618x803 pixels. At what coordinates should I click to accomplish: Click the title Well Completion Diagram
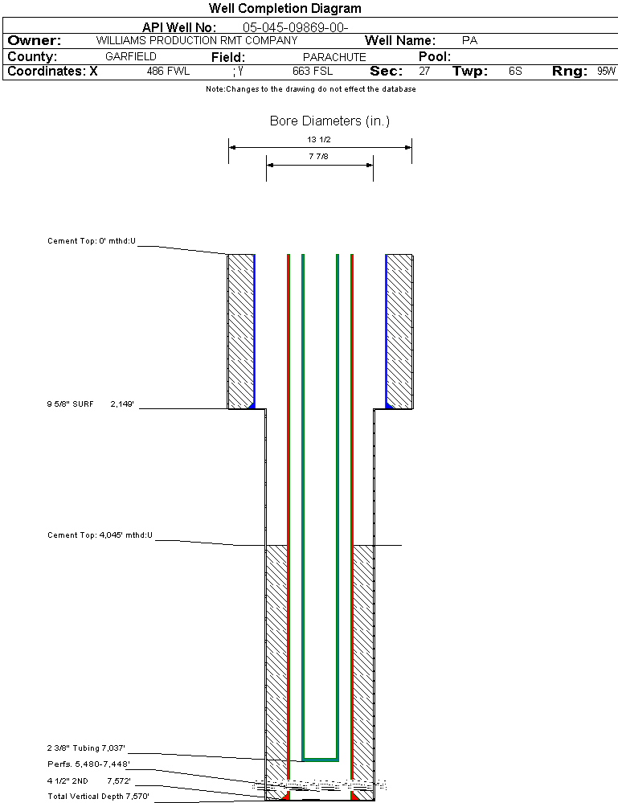coord(284,9)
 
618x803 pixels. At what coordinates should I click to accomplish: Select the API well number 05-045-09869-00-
coord(295,28)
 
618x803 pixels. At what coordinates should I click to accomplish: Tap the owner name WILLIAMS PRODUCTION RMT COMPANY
coord(196,40)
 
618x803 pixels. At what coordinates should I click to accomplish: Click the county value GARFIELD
coord(131,57)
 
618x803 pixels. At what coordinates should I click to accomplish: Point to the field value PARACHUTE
coord(334,57)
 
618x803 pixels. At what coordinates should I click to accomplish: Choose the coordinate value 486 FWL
coord(168,72)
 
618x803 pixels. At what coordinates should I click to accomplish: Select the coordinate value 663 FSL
coord(313,72)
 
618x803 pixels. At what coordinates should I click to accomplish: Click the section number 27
coord(424,72)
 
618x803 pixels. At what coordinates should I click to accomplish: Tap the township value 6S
coord(515,72)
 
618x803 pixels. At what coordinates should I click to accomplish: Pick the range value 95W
coord(606,72)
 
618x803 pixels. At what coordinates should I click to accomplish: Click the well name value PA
coord(470,40)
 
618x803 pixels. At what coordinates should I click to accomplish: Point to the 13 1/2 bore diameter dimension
coord(319,140)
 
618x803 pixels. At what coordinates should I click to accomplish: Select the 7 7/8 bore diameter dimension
coord(319,158)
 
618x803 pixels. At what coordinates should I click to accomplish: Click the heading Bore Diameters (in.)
coord(329,121)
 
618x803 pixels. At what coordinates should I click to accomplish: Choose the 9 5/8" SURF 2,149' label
coord(91,406)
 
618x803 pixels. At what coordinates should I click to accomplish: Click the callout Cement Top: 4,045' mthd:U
coord(100,535)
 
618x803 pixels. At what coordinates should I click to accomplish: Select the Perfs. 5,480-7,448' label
coord(88,764)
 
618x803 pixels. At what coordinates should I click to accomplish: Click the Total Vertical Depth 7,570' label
coord(98,797)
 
